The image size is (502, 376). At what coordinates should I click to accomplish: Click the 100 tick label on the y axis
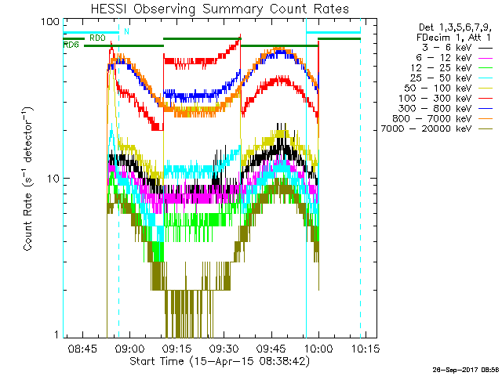(49, 21)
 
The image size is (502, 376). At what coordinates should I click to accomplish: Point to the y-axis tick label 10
(53, 179)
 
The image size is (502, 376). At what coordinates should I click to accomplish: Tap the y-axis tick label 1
(56, 335)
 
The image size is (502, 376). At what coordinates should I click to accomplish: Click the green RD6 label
(71, 45)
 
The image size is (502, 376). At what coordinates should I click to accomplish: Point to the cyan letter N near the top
(125, 32)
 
